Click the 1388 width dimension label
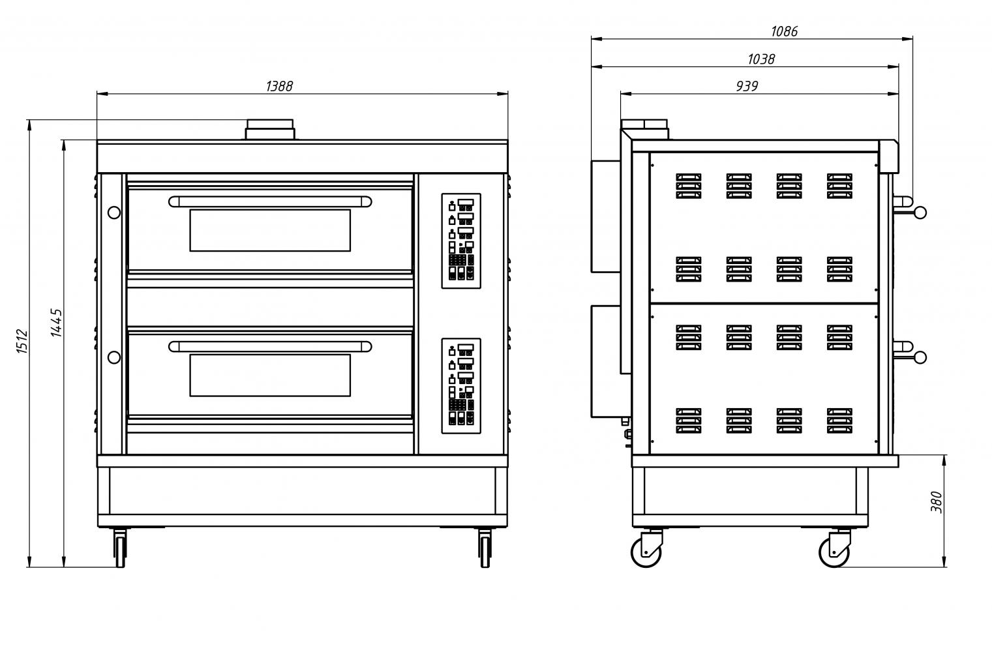pyautogui.click(x=279, y=86)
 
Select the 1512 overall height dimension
pyautogui.click(x=22, y=341)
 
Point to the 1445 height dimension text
pyautogui.click(x=57, y=323)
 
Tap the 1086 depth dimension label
pyautogui.click(x=784, y=31)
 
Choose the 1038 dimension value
pyautogui.click(x=760, y=59)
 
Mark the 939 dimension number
pyautogui.click(x=747, y=86)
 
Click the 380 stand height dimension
pyautogui.click(x=937, y=502)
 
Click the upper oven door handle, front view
pyautogui.click(x=270, y=201)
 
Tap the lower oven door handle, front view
pyautogui.click(x=270, y=346)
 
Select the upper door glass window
pyautogui.click(x=270, y=230)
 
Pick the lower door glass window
pyautogui.click(x=270, y=375)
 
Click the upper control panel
pyautogui.click(x=461, y=241)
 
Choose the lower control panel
pyautogui.click(x=461, y=385)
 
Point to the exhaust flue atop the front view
pyautogui.click(x=270, y=130)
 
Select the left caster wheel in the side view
pyautogui.click(x=646, y=553)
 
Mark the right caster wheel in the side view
pyautogui.click(x=834, y=553)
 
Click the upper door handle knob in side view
pyautogui.click(x=920, y=212)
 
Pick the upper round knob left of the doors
pyautogui.click(x=113, y=213)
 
